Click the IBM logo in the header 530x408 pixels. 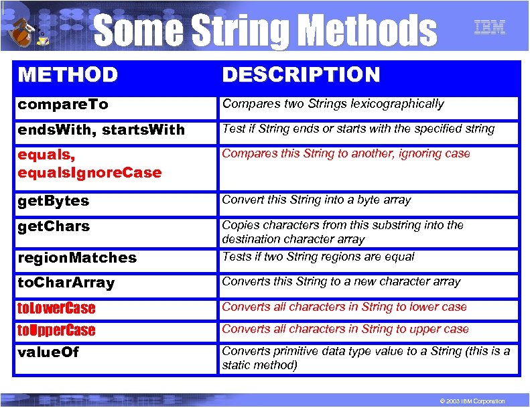point(489,27)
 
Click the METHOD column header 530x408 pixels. point(68,74)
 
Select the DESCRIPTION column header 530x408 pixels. point(301,74)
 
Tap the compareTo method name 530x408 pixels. point(63,105)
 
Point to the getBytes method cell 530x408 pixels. point(53,201)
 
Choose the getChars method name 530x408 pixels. point(53,226)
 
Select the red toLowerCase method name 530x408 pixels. point(56,308)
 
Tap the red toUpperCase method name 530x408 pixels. point(56,330)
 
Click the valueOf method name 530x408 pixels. point(48,352)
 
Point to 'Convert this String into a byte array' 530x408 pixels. point(316,200)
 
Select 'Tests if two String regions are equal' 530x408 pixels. point(318,257)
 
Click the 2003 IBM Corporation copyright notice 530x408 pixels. point(470,401)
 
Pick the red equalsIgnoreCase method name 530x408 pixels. point(90,173)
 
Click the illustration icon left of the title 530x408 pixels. point(27,29)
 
